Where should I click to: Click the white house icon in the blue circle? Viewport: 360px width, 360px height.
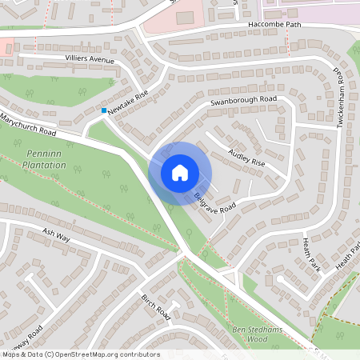coord(179,172)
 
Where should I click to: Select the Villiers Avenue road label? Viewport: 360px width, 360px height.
coord(90,60)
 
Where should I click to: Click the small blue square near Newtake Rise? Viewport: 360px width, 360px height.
coord(104,110)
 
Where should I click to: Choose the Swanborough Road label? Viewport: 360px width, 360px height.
coord(243,102)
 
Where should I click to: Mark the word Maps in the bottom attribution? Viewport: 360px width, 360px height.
coord(11,354)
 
